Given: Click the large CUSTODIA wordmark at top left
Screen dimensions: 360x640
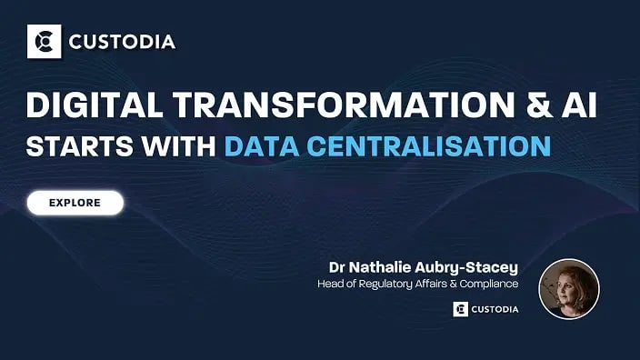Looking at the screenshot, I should pos(118,42).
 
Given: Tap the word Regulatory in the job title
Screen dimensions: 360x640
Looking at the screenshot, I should pos(392,284).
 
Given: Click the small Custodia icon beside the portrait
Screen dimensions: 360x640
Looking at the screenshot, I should pos(460,309).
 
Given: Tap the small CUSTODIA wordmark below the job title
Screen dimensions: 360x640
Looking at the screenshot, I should pos(495,309).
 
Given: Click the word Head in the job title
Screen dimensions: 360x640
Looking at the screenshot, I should pos(330,284).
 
